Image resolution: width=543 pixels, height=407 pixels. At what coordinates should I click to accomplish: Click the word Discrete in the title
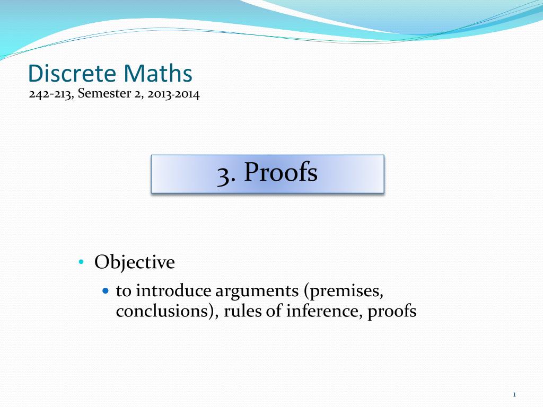pos(72,74)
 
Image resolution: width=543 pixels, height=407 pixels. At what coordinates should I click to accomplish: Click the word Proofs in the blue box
pos(281,173)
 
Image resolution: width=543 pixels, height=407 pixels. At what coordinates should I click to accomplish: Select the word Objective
pos(135,262)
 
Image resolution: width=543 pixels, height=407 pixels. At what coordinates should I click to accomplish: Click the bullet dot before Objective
pos(81,262)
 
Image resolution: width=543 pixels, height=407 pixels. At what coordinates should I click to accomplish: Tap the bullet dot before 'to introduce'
pos(105,291)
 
